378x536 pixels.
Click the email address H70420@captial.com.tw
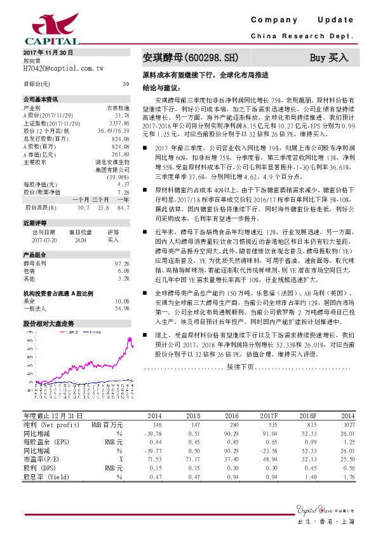pos(63,67)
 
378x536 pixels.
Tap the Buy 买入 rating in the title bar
pos(329,58)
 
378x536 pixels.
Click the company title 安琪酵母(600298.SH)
pos(191,58)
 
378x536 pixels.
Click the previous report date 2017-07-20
pos(44,241)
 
